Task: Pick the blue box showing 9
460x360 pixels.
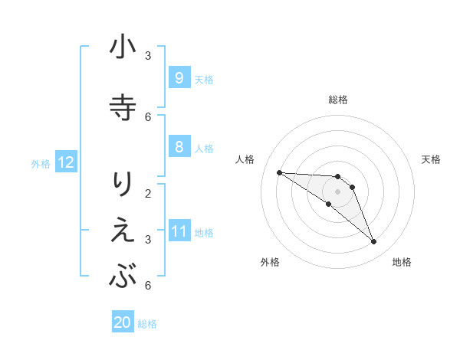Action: click(179, 77)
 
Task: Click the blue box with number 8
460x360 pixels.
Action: click(179, 146)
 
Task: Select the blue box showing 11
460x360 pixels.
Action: click(179, 231)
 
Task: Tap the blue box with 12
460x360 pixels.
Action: click(65, 162)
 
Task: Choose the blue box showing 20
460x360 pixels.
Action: click(123, 322)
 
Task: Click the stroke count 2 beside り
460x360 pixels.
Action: click(148, 192)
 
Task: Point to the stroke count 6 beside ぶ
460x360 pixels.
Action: click(148, 285)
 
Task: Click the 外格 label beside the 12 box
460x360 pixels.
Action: click(41, 163)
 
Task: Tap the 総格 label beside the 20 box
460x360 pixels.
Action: click(147, 324)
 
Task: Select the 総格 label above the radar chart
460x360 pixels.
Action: click(337, 100)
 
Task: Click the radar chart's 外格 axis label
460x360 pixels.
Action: click(269, 262)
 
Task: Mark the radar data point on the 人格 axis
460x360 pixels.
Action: click(279, 172)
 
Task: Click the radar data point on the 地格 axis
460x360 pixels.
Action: click(374, 242)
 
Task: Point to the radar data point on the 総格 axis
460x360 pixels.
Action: click(337, 177)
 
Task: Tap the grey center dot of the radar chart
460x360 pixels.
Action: click(337, 191)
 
